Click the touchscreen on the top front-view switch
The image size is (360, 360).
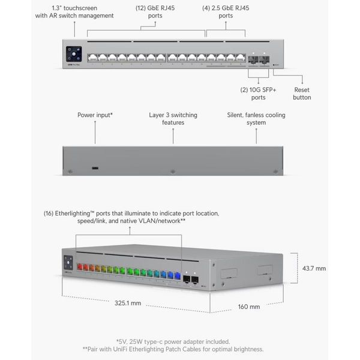click(x=74, y=54)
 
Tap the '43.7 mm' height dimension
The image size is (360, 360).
click(x=314, y=268)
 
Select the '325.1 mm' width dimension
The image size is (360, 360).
click(x=128, y=303)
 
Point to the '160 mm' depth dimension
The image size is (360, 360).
click(x=249, y=307)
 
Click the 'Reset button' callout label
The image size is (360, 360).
click(x=302, y=94)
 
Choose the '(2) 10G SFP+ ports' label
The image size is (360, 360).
click(x=258, y=94)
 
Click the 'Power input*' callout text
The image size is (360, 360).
click(x=95, y=115)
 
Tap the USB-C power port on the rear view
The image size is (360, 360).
click(x=95, y=168)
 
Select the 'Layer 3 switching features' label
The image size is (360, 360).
click(x=173, y=119)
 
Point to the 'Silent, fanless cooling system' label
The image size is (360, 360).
click(x=256, y=119)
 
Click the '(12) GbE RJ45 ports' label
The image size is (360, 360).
click(x=155, y=12)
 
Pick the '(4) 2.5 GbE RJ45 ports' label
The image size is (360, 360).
click(x=226, y=12)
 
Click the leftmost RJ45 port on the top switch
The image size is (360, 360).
click(x=92, y=58)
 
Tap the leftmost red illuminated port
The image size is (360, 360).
click(x=80, y=267)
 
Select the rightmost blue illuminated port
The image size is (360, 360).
click(x=178, y=275)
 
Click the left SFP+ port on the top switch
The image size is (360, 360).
click(x=253, y=59)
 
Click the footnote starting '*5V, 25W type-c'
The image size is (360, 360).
click(x=173, y=341)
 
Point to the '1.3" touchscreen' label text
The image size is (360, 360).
click(x=74, y=8)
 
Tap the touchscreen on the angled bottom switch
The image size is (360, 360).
click(x=68, y=262)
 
